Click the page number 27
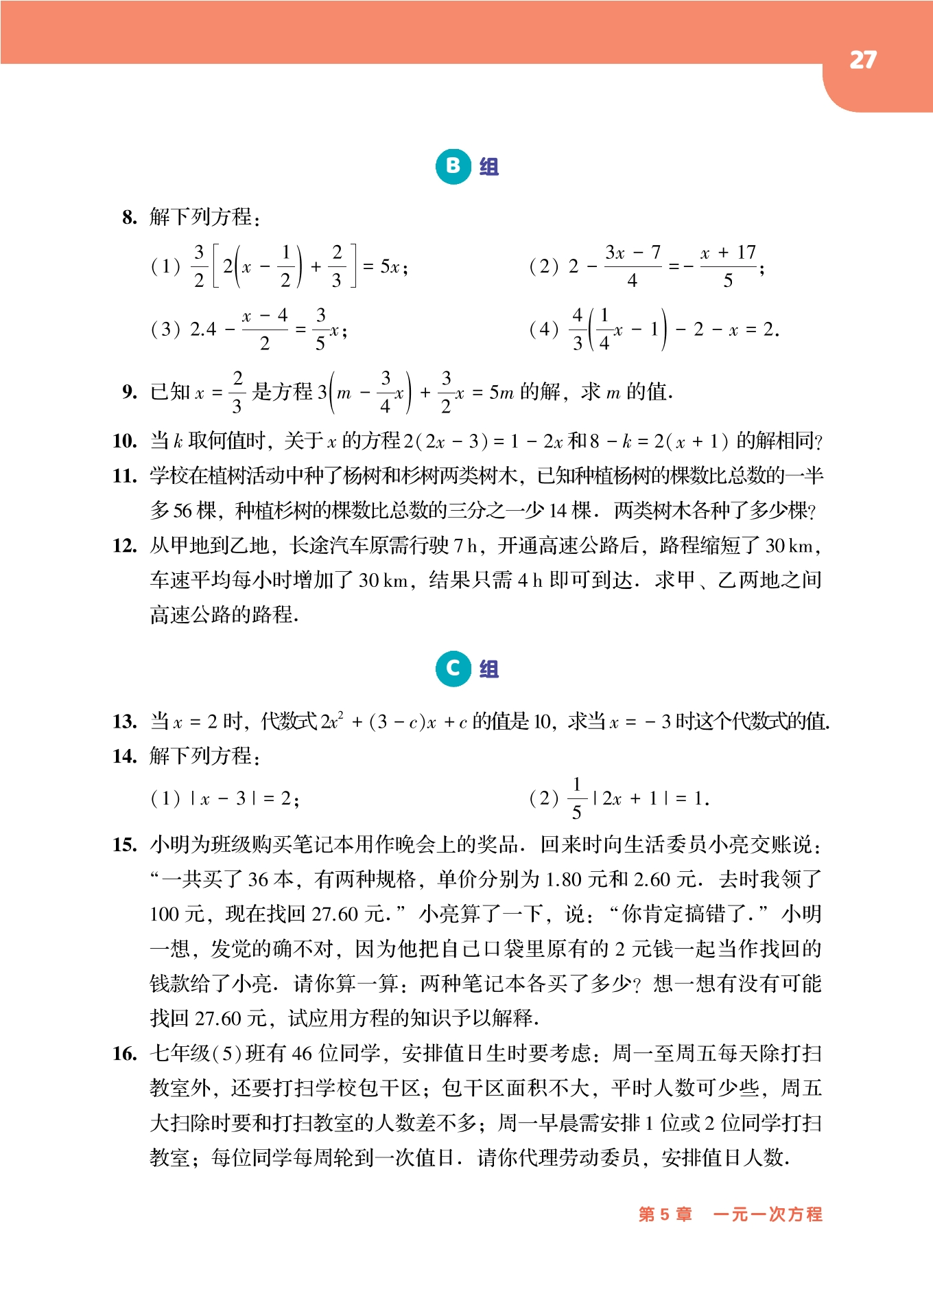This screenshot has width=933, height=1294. pyautogui.click(x=862, y=60)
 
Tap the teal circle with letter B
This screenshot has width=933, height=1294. pyautogui.click(x=453, y=166)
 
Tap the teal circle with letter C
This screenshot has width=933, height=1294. pyautogui.click(x=453, y=669)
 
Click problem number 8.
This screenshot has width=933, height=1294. pyautogui.click(x=130, y=218)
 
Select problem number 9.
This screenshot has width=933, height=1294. pyautogui.click(x=130, y=392)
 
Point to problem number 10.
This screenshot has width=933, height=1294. pyautogui.click(x=125, y=441)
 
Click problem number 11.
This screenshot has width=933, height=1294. pyautogui.click(x=125, y=476)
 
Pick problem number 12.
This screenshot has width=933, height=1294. pyautogui.click(x=125, y=546)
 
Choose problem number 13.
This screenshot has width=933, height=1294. pyautogui.click(x=125, y=721)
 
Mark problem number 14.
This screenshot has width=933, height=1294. pyautogui.click(x=125, y=756)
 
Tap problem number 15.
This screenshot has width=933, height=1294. pyautogui.click(x=125, y=844)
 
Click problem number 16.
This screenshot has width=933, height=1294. pyautogui.click(x=125, y=1054)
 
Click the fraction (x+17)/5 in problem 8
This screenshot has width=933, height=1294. pyautogui.click(x=728, y=266)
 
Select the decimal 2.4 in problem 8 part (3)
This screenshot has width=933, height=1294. pyautogui.click(x=203, y=330)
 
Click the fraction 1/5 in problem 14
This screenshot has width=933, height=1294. pyautogui.click(x=576, y=798)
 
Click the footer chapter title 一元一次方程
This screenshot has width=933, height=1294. pyautogui.click(x=768, y=1214)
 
